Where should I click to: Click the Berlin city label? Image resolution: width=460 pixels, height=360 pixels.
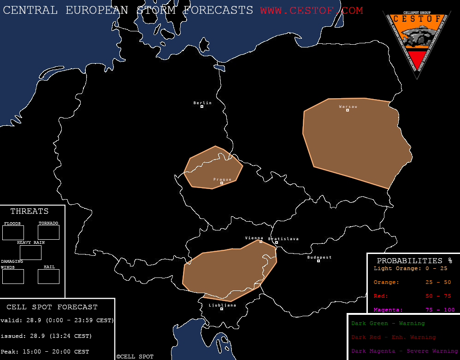coord(202,103)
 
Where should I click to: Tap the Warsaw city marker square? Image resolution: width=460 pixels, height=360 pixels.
coord(348,110)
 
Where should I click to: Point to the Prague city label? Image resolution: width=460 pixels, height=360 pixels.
coord(222,179)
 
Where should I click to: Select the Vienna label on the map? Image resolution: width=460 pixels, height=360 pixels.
coord(254,238)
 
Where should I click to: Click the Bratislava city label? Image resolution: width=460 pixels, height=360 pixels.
coord(283,239)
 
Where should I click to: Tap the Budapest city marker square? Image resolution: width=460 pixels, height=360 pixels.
coord(318,261)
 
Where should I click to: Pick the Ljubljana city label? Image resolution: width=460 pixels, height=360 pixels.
coord(222,305)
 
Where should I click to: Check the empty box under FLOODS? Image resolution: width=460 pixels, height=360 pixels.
coord(13,233)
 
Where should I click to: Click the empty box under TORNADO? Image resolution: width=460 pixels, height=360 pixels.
coord(48,232)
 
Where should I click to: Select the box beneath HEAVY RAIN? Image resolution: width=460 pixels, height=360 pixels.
coord(30,253)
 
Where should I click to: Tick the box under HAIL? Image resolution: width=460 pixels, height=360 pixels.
coord(48,277)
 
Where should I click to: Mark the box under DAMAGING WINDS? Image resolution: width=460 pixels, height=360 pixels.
coord(13,277)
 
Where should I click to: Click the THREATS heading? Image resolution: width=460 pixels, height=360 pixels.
coord(29,212)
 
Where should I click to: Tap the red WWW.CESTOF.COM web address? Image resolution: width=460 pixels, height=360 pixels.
coord(312,10)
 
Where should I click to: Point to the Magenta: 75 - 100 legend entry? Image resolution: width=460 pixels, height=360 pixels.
coord(414,310)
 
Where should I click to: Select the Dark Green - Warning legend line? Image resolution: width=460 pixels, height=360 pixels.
coord(388,324)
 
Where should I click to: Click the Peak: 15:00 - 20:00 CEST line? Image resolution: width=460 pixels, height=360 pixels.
coord(45,352)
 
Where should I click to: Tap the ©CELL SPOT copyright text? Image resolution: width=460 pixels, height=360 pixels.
coord(135,357)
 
